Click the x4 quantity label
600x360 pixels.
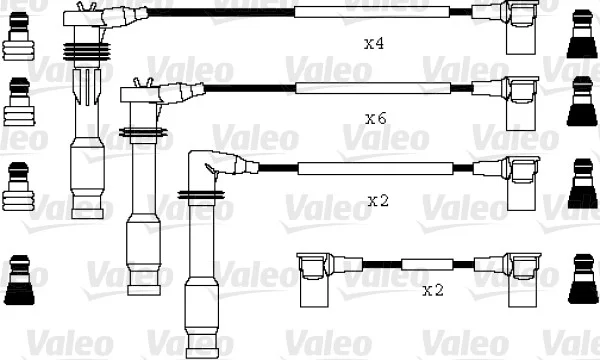[374, 44]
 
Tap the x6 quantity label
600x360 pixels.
[376, 119]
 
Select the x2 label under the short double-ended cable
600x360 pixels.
[433, 290]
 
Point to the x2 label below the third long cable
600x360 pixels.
[378, 200]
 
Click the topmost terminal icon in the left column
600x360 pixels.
[18, 36]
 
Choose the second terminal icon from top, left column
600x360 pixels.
[19, 102]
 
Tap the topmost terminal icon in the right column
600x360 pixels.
[582, 34]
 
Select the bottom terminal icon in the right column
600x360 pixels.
[583, 279]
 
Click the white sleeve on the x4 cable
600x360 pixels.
[372, 12]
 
